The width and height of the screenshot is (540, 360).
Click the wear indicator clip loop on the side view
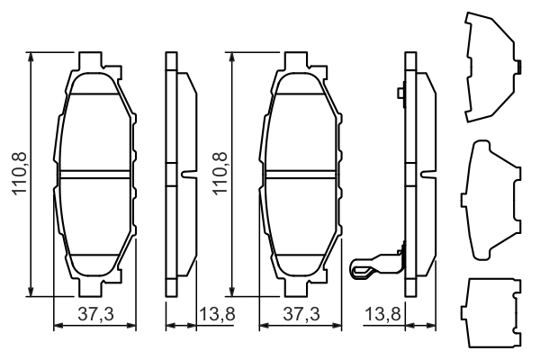point(363,266)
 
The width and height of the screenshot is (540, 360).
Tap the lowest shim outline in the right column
point(491,314)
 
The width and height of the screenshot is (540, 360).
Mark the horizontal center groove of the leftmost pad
point(94,171)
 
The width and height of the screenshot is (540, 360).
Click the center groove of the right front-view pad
point(301,171)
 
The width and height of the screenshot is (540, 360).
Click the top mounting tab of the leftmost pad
point(94,61)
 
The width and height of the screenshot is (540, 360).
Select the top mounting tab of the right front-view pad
point(300,61)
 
